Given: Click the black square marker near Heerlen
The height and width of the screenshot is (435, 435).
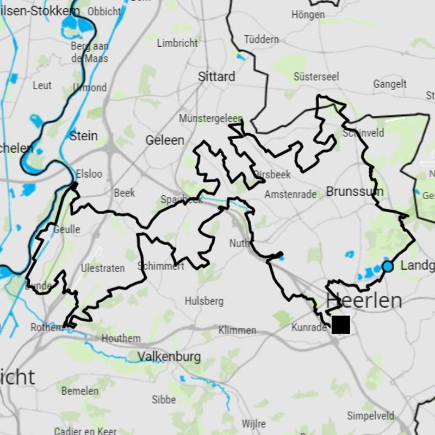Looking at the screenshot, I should tap(341, 325).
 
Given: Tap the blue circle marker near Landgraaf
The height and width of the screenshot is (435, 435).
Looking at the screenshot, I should tap(388, 266).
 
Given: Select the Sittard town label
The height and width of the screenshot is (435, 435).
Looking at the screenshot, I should tap(216, 77).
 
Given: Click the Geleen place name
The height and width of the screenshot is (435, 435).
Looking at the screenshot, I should tap(165, 140).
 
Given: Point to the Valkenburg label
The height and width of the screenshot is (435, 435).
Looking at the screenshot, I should tap(169, 357).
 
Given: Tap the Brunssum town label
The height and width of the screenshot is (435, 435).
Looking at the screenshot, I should tap(355, 191).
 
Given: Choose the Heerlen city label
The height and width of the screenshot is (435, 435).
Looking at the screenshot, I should tap(364, 300).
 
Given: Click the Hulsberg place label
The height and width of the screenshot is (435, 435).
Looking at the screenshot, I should tap(204, 301).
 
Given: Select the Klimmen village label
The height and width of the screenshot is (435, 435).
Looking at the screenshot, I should tap(237, 330).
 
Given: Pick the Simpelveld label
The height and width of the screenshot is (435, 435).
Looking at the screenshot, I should tap(370, 416).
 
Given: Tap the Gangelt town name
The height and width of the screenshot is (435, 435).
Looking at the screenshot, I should tap(390, 84).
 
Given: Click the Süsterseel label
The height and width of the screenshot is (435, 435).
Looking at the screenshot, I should tap(316, 77).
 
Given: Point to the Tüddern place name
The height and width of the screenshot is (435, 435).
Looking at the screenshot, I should tap(261, 39).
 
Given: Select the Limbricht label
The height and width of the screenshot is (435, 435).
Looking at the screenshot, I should tap(177, 43).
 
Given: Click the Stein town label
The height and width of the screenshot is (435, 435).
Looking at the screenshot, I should tap(84, 135).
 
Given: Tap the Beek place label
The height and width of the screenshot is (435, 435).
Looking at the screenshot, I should tap(125, 193).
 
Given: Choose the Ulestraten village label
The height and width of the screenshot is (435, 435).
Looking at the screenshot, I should tap(103, 268).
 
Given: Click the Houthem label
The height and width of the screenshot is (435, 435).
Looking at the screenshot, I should tap(121, 338).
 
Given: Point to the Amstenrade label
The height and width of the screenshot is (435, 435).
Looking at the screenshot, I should tap(290, 195).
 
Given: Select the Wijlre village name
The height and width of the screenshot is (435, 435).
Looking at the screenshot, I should tap(254, 424).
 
